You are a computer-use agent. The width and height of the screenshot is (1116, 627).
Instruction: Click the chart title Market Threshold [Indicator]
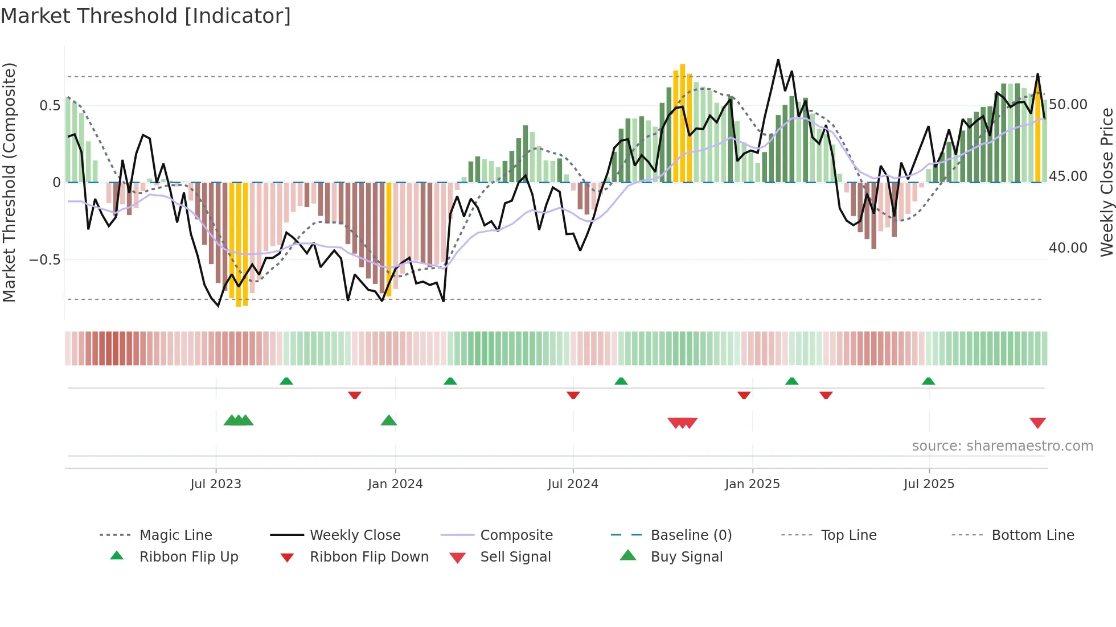pyautogui.click(x=146, y=16)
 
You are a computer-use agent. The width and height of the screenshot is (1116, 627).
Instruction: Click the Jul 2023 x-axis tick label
pyautogui.click(x=216, y=484)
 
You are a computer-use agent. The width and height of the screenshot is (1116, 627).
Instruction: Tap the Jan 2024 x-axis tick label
pyautogui.click(x=395, y=484)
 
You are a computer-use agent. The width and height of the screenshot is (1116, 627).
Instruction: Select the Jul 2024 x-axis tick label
pyautogui.click(x=573, y=484)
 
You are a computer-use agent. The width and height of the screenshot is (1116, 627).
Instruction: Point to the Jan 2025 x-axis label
pyautogui.click(x=752, y=484)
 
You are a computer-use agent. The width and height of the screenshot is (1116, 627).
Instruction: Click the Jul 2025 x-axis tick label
pyautogui.click(x=929, y=484)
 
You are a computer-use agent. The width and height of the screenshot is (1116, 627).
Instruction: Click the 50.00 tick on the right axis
pyautogui.click(x=1068, y=105)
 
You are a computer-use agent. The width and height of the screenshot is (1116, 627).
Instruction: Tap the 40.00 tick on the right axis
pyautogui.click(x=1068, y=248)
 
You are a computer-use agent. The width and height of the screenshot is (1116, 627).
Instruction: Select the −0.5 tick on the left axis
pyautogui.click(x=44, y=260)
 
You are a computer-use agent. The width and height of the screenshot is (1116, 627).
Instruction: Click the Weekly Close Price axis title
pyautogui.click(x=1106, y=182)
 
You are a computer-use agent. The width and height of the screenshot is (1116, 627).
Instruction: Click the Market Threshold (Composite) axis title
pyautogui.click(x=9, y=182)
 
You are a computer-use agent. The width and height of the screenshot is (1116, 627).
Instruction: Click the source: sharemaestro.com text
pyautogui.click(x=1002, y=446)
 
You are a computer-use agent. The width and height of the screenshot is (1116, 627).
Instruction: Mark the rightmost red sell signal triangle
pyautogui.click(x=1037, y=423)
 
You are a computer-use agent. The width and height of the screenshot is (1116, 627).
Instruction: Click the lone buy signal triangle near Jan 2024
pyautogui.click(x=389, y=420)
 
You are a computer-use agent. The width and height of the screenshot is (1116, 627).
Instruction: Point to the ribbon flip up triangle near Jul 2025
pyautogui.click(x=928, y=381)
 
